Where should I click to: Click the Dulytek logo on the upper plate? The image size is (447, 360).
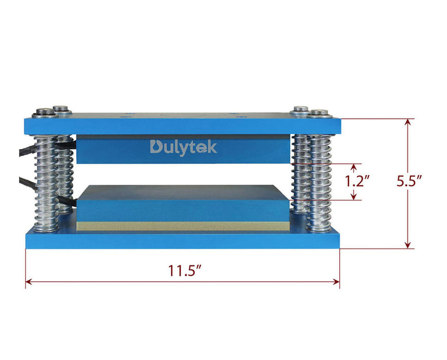183,147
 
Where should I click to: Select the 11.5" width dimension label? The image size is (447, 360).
183,271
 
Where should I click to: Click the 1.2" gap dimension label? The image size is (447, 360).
358,181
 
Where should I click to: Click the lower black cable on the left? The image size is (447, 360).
26,181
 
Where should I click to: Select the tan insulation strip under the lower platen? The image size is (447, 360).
182,226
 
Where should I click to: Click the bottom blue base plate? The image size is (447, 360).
182,240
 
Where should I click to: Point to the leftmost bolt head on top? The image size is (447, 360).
43,112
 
